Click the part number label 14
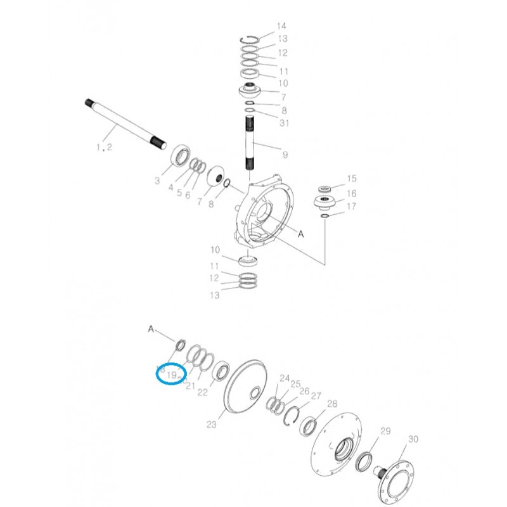[281, 26]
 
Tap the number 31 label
[283, 122]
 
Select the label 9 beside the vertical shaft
[285, 154]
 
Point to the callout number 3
[157, 181]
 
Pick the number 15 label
[351, 179]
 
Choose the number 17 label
[351, 207]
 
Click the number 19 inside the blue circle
[171, 375]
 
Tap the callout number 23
[212, 424]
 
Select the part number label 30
[413, 439]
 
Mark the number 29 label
[385, 432]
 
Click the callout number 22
[202, 392]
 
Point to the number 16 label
[351, 193]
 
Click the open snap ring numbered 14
[252, 39]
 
